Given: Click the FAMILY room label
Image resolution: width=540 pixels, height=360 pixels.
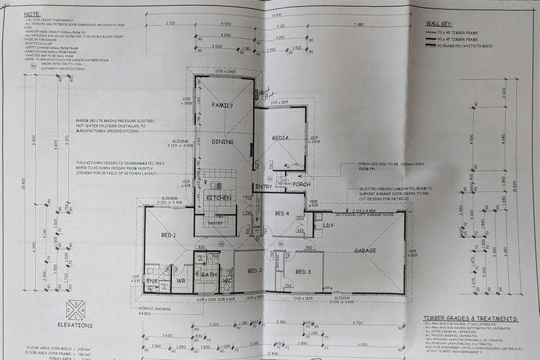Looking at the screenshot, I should [x=222, y=105].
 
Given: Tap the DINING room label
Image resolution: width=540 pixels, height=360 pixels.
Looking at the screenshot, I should [x=222, y=141].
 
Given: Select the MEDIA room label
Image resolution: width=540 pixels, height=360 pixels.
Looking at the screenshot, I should [x=280, y=139].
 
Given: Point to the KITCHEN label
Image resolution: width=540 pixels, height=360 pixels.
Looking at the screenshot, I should [x=218, y=198].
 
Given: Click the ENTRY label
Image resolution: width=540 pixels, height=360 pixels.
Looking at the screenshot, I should [x=263, y=186].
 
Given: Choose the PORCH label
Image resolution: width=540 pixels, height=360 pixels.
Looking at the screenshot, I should [x=302, y=185].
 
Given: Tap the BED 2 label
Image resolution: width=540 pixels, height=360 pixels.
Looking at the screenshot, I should [x=255, y=270].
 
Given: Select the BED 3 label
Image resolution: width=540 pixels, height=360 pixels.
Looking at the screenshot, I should [x=303, y=271].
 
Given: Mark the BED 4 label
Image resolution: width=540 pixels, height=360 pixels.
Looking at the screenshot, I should [x=281, y=213].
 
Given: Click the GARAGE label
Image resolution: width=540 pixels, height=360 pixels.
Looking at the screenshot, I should [x=364, y=250].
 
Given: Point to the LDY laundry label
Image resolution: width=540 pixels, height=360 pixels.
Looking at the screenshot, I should [x=328, y=225].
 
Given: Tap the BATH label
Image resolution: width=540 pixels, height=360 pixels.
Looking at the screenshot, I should [x=207, y=275].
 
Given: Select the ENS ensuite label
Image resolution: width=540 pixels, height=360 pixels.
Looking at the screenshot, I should [x=152, y=281].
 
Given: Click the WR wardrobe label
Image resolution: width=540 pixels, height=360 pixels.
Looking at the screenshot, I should [x=181, y=281].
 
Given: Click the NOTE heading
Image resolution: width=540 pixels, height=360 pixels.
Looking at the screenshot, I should [x=31, y=14].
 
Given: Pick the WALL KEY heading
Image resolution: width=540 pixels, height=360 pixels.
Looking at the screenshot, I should [x=442, y=23].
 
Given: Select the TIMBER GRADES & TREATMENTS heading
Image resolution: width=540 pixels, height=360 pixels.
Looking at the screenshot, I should [x=470, y=319].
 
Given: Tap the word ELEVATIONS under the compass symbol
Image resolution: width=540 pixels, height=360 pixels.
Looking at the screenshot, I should [x=75, y=326].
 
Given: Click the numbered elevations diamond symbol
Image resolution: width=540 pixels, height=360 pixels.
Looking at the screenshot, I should [x=75, y=309].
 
